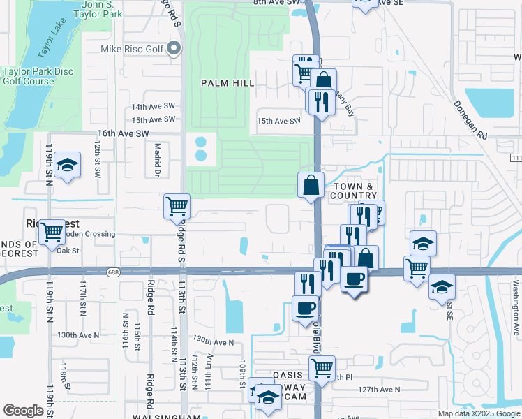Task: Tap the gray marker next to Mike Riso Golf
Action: tap(174, 49)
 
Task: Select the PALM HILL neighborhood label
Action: tap(228, 83)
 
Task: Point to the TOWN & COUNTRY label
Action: tap(356, 191)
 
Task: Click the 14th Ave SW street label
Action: tap(154, 107)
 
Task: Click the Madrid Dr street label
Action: tap(158, 160)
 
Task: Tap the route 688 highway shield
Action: tap(112, 271)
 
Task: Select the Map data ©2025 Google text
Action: tap(478, 413)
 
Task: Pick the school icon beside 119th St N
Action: tap(67, 166)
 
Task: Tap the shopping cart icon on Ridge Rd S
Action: tap(177, 206)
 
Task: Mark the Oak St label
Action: tap(68, 251)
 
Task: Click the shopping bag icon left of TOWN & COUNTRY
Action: tap(311, 186)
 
